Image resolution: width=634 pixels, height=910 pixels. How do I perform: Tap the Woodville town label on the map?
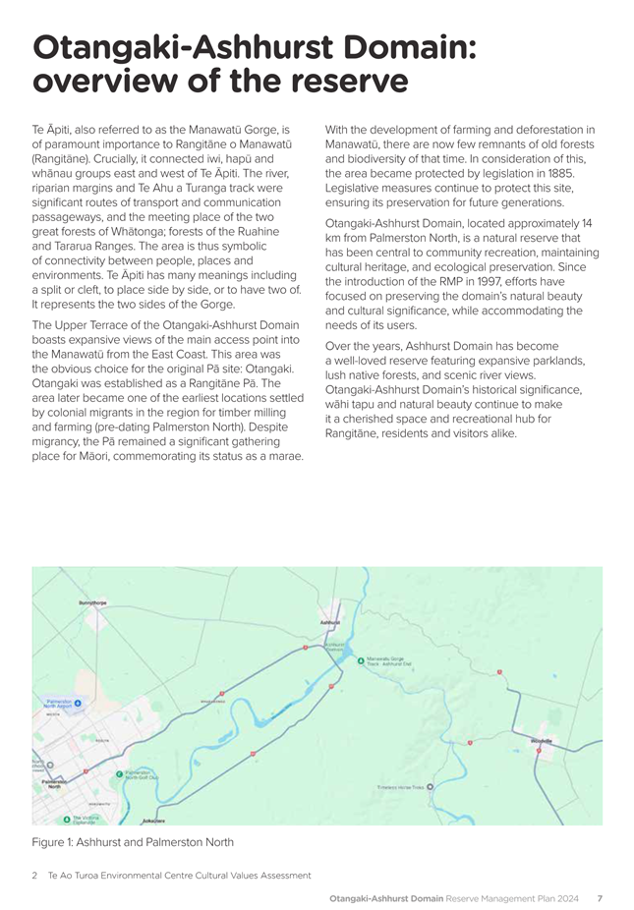pos(542,740)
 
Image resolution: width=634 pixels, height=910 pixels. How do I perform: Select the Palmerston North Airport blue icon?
pos(79,704)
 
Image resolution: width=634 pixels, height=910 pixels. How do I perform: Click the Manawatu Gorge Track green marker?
pos(361,660)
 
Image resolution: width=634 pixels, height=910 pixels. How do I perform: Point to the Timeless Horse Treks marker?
pos(430,786)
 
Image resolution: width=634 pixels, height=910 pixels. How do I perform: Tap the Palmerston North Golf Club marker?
pos(120,773)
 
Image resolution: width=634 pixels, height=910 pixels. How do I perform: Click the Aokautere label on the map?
pos(153,820)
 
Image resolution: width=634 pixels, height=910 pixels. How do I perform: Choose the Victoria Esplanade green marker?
pos(67,818)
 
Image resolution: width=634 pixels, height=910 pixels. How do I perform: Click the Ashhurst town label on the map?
pos(330,622)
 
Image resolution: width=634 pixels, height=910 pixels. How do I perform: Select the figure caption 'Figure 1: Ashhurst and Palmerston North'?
pos(133,841)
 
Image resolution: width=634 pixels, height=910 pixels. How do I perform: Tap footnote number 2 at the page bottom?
pos(34,875)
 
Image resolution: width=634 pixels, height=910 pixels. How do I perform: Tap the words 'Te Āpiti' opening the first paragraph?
pos(55,130)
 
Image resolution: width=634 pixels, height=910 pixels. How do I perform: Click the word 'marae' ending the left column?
pos(282,456)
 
